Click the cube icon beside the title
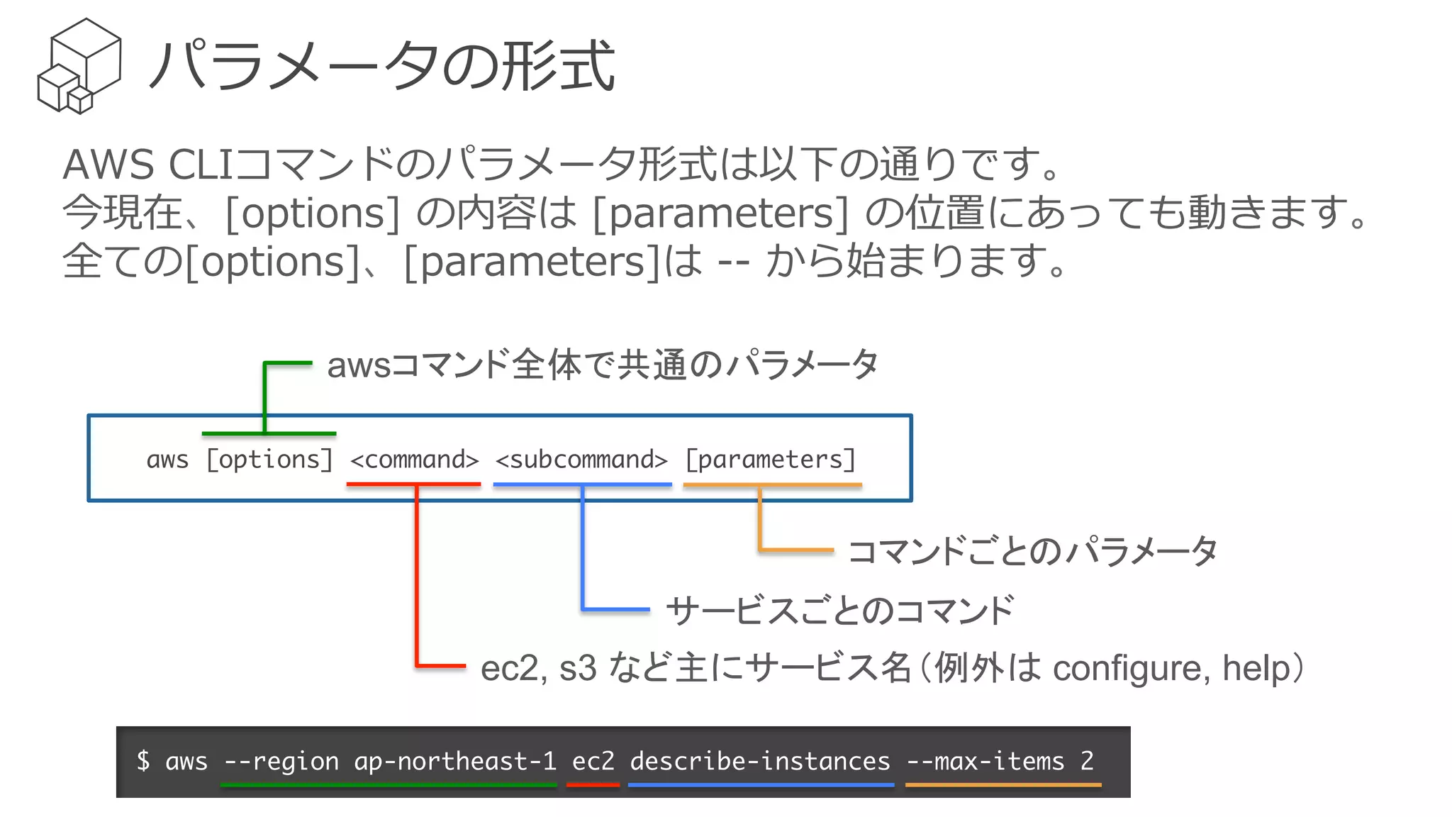pos(79,66)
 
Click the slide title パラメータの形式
pos(381,66)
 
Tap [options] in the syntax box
pos(269,460)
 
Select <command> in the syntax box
pos(415,460)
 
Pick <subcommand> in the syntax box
pos(581,460)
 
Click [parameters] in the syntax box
pos(771,460)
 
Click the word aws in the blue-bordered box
pos(167,460)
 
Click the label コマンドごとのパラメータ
pos(1032,551)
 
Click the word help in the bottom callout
pos(1258,668)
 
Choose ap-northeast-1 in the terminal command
pos(455,761)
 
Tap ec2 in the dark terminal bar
pos(593,761)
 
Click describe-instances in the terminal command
pos(759,761)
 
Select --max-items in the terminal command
pos(985,761)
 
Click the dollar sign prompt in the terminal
pos(143,761)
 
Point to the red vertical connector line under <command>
pos(417,574)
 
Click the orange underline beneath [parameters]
pos(772,484)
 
